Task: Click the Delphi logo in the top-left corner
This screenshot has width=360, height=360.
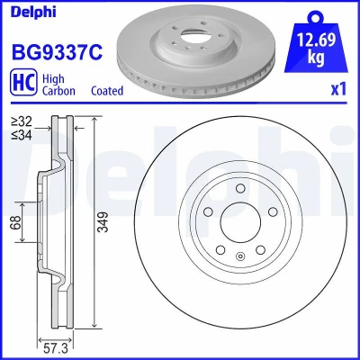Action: click(x=33, y=12)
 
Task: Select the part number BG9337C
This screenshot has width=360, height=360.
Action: click(x=57, y=51)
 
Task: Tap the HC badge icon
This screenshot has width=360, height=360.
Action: click(x=23, y=83)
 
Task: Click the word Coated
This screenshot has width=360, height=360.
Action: click(x=107, y=91)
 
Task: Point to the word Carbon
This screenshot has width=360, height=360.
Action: click(x=58, y=91)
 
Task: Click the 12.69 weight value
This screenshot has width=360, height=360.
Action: click(x=316, y=40)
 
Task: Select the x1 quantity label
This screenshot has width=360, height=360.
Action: click(x=338, y=89)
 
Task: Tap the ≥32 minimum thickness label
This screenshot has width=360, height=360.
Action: click(x=22, y=121)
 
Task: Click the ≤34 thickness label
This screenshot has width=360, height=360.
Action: click(x=22, y=135)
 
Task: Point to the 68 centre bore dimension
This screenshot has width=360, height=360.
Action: click(x=16, y=222)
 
